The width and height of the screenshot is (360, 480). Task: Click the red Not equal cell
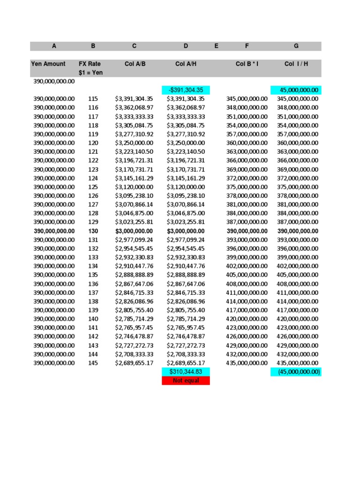(x=186, y=381)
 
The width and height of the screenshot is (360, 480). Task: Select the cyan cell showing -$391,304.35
(x=186, y=90)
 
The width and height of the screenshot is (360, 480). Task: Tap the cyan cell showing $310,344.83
(x=186, y=372)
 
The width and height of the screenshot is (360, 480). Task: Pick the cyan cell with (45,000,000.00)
(x=296, y=372)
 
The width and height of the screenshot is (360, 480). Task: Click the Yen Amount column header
(x=48, y=64)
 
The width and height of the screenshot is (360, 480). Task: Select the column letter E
(x=216, y=46)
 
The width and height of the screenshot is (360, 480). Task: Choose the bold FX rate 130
(x=93, y=231)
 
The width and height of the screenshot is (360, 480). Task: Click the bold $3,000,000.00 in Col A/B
(x=134, y=231)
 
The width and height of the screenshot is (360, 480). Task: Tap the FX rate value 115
(x=93, y=99)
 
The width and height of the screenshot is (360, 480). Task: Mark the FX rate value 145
(x=93, y=363)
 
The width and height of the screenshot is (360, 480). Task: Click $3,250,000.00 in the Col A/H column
(x=186, y=143)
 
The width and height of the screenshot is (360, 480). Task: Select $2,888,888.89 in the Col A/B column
(x=134, y=275)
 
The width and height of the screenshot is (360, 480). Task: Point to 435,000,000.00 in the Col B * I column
(x=247, y=363)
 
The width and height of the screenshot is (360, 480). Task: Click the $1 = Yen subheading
(x=90, y=73)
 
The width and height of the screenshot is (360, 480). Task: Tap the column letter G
(x=296, y=46)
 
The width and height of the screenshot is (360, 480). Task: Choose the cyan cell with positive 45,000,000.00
(x=296, y=90)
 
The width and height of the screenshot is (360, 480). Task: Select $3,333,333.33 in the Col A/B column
(x=134, y=116)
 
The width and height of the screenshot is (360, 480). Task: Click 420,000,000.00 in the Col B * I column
(x=247, y=319)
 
